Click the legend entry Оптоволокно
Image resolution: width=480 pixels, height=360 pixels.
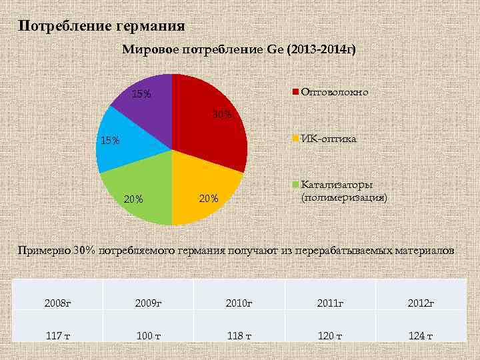[334, 92]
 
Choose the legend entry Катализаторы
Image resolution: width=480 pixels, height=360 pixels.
[337, 185]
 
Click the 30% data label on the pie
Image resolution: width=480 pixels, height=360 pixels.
[222, 115]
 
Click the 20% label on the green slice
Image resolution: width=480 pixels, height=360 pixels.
[134, 199]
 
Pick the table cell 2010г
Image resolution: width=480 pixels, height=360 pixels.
[239, 303]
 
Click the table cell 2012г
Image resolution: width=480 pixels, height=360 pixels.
[421, 303]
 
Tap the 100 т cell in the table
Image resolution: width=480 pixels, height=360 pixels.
[147, 335]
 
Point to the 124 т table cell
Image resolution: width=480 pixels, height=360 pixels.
[421, 335]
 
